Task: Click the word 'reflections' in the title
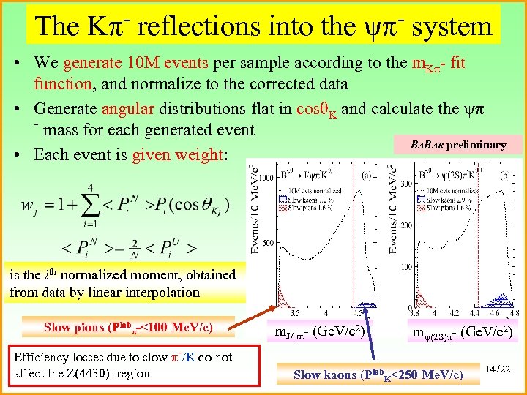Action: click(197, 26)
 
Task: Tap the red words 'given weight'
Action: click(176, 154)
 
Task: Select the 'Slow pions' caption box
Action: click(129, 327)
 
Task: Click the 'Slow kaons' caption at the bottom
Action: click(378, 375)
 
